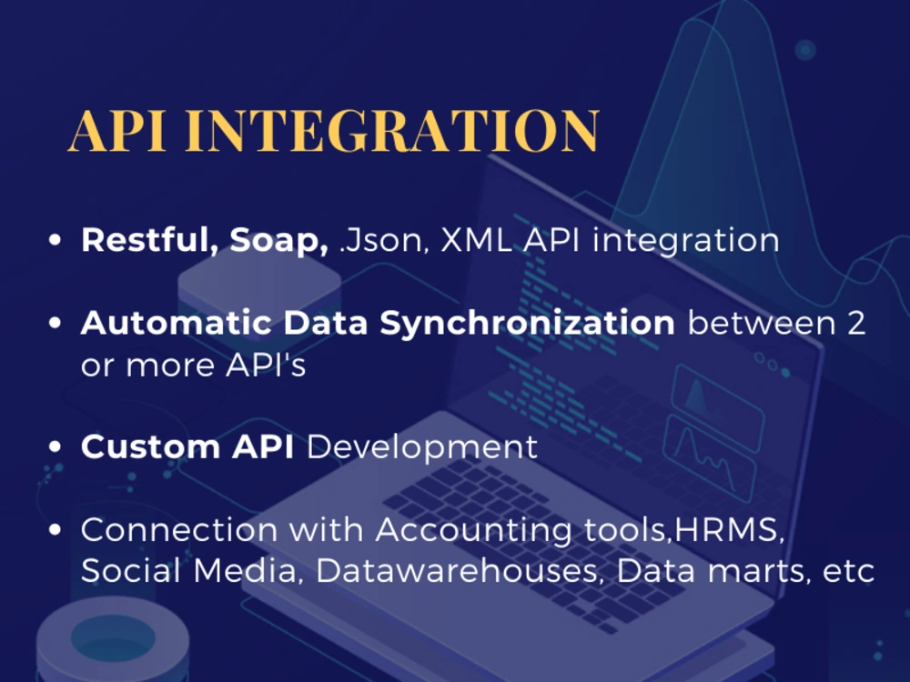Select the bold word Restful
(149, 241)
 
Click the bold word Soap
(278, 241)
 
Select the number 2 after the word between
(855, 323)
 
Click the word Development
(421, 448)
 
